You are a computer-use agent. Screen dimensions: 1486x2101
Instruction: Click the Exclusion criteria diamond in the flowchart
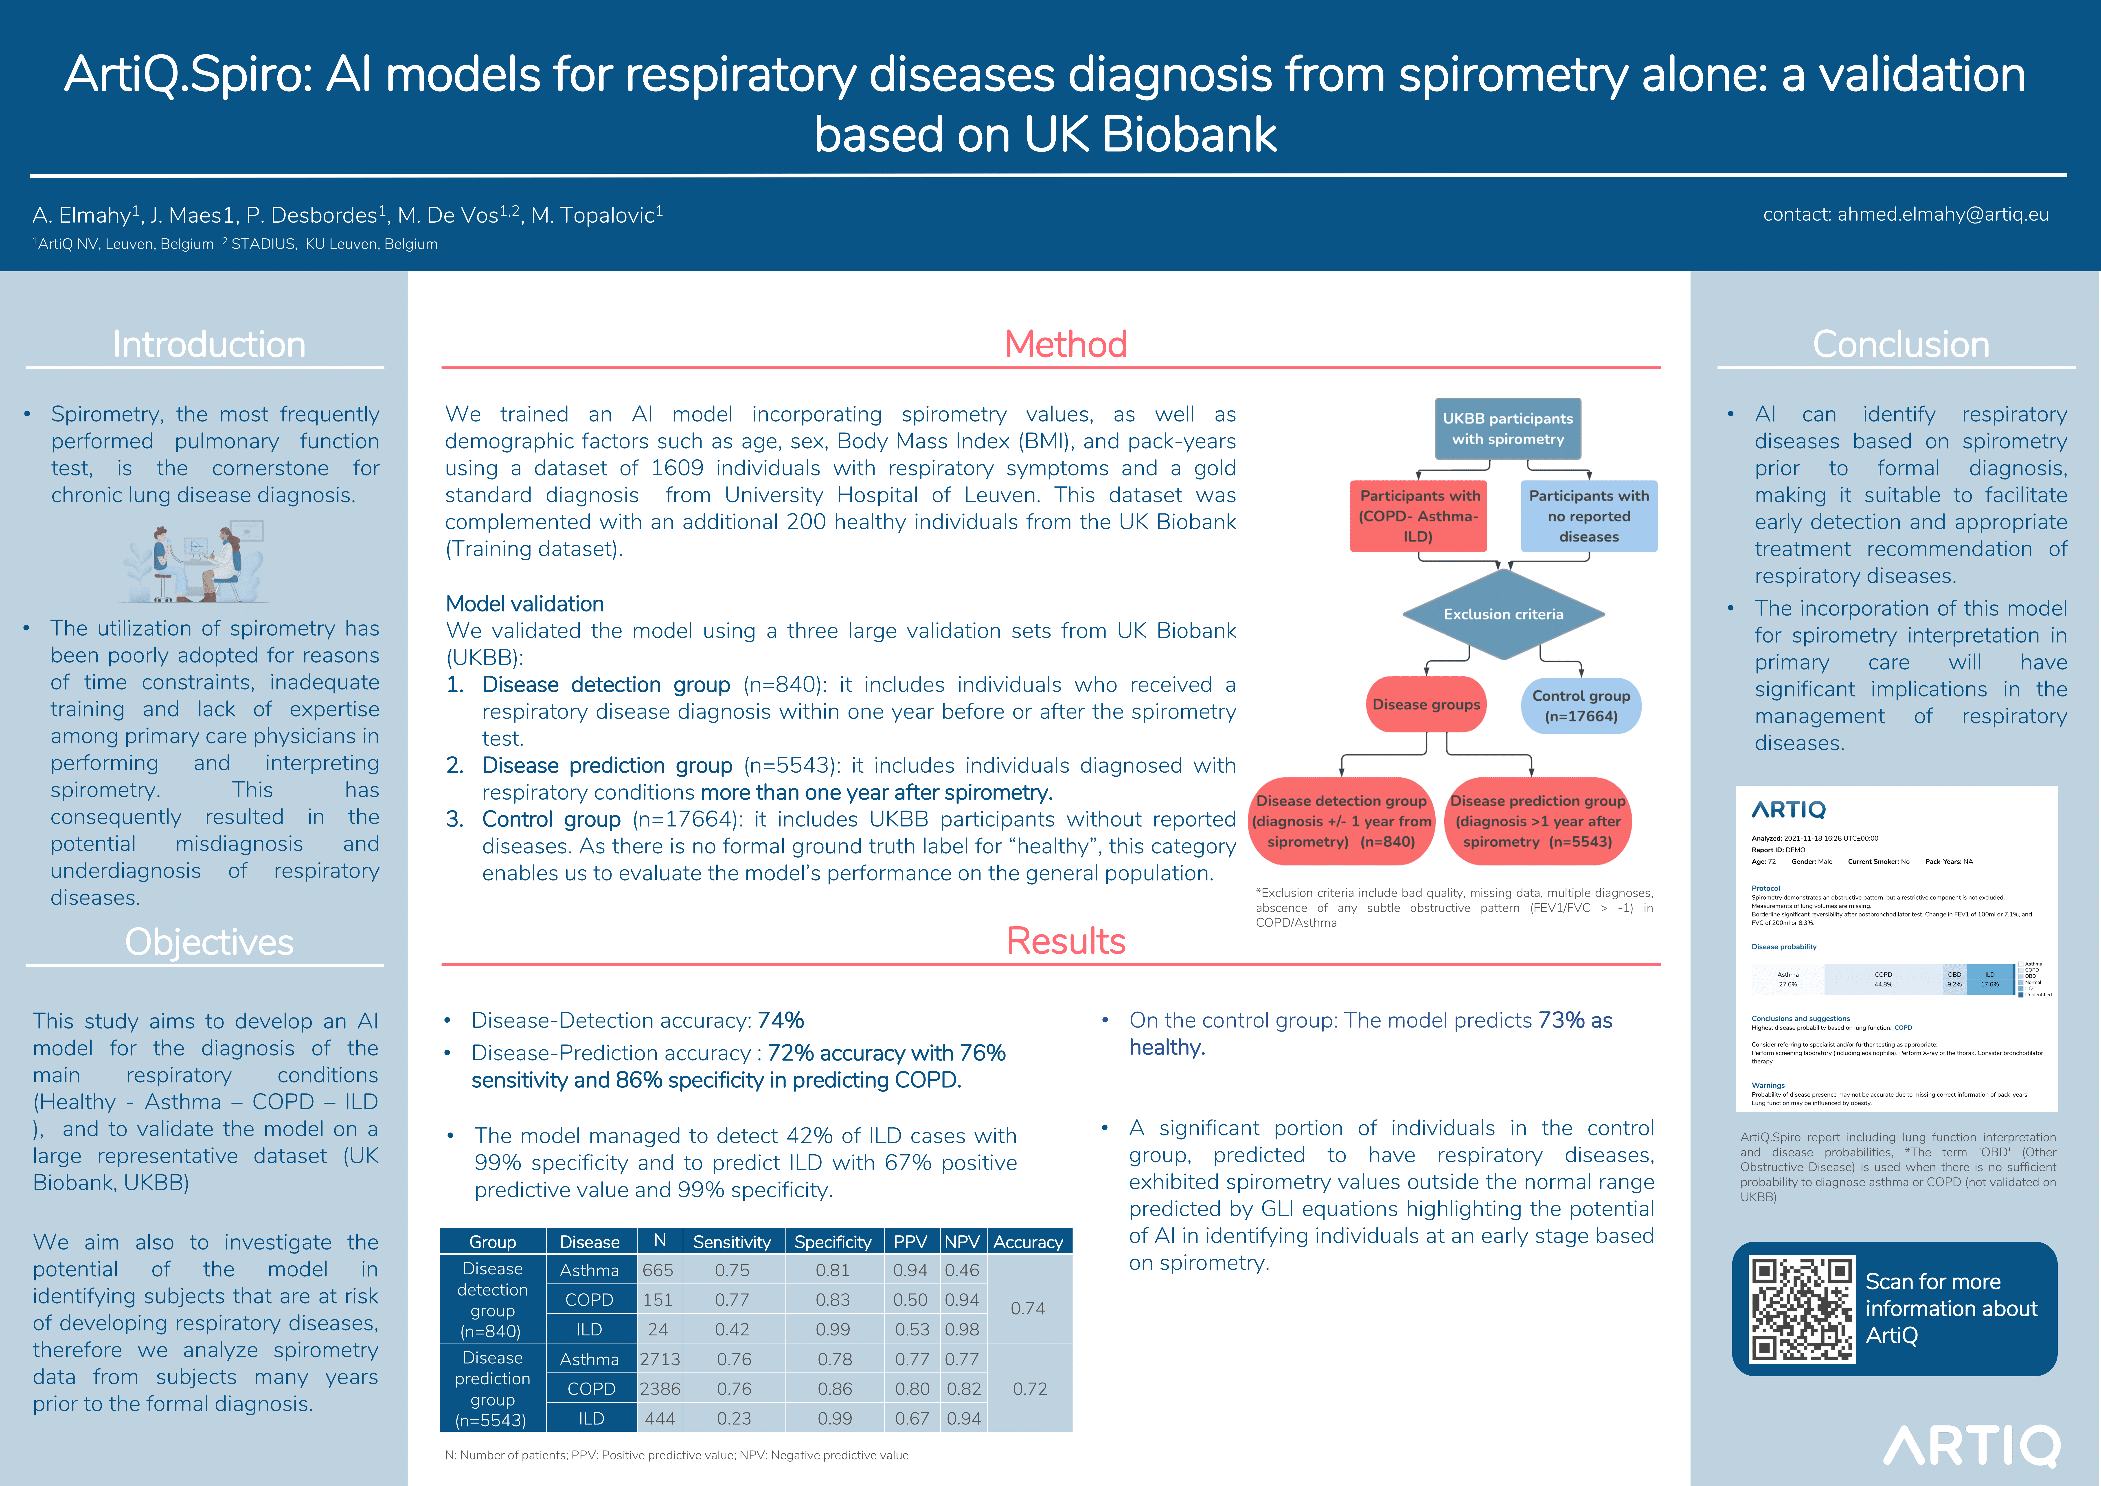[1503, 614]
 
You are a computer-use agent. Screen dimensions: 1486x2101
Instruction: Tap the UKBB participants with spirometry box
[1507, 428]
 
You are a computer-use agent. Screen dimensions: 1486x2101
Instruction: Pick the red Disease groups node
[1426, 705]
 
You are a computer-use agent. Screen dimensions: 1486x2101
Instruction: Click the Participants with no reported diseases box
[1589, 516]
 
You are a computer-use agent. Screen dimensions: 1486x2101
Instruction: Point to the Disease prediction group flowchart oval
[1537, 821]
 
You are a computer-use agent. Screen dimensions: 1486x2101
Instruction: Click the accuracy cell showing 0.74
[1028, 1308]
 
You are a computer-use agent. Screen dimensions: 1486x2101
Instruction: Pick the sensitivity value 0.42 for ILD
[732, 1330]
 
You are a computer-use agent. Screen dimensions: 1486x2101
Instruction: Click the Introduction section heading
[209, 345]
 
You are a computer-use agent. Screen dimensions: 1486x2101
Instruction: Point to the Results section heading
[1065, 942]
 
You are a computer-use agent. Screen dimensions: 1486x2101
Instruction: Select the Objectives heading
[209, 942]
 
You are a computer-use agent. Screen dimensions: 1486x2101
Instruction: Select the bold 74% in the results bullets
[781, 1020]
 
